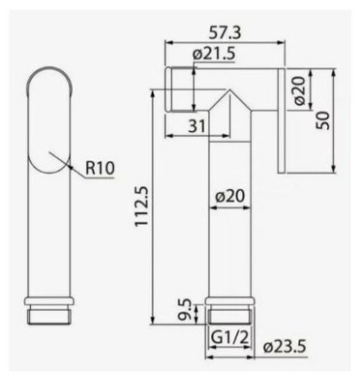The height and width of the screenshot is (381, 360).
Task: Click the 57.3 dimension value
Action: (x=225, y=33)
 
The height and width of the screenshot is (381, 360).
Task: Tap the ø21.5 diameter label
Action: (x=214, y=54)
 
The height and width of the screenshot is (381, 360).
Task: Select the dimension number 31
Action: (x=197, y=125)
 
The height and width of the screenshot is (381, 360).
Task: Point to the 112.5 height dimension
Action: (x=141, y=206)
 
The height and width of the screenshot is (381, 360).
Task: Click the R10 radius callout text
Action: (x=99, y=168)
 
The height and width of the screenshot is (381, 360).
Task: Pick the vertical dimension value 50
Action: (x=322, y=121)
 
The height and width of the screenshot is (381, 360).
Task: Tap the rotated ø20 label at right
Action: (x=299, y=91)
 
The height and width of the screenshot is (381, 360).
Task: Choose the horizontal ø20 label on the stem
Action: (x=230, y=196)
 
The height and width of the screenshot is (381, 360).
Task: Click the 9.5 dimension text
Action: (x=185, y=310)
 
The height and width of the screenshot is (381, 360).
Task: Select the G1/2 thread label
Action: (x=231, y=338)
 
